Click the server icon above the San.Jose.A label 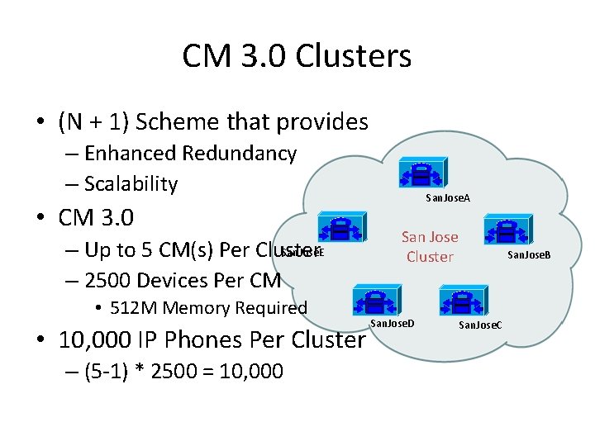(420, 173)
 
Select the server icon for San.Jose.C (459, 302)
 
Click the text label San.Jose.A (447, 198)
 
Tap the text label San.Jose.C (480, 325)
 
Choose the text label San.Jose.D (391, 320)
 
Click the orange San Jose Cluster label (430, 247)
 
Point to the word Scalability (131, 184)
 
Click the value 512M (134, 308)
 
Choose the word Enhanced (130, 154)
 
